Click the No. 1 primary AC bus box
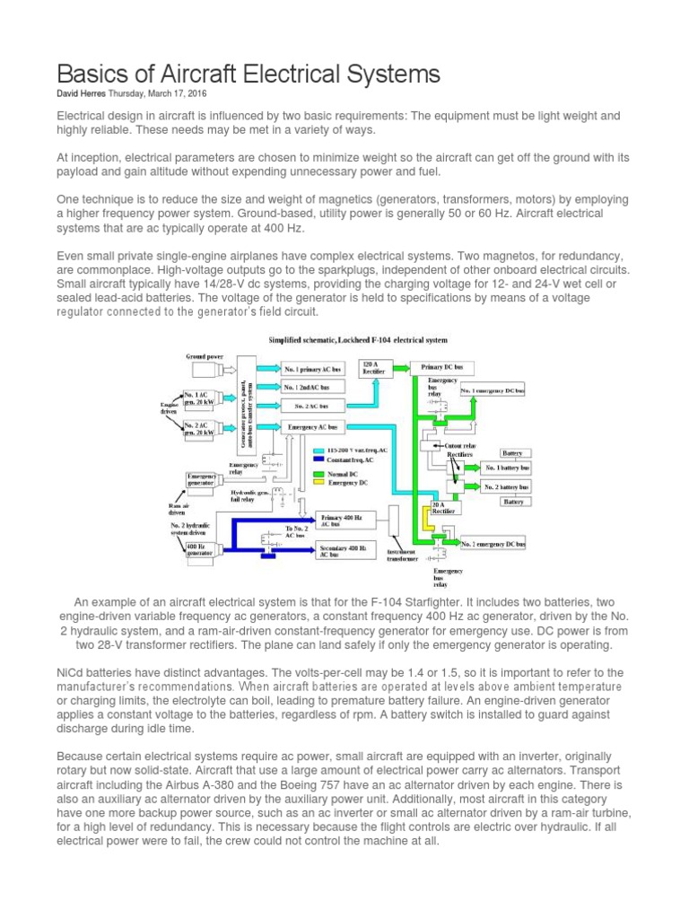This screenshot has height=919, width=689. tap(314, 369)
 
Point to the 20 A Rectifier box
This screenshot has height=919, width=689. tap(442, 508)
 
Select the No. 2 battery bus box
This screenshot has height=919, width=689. tap(507, 486)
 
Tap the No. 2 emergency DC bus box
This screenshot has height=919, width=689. tap(493, 544)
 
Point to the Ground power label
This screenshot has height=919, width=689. tap(205, 356)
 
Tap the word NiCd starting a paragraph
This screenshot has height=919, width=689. tap(71, 671)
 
